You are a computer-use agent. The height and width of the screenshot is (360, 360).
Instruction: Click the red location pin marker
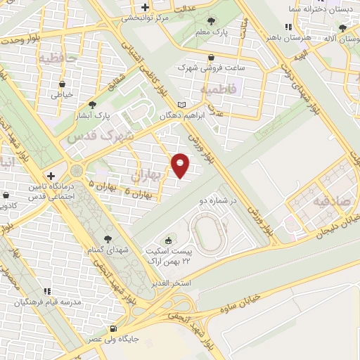[181, 164]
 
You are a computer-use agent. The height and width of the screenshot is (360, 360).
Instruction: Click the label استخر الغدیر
[172, 283]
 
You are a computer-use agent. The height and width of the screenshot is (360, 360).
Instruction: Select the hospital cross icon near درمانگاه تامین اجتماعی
[51, 175]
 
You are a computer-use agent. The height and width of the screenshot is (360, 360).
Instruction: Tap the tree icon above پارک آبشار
[92, 105]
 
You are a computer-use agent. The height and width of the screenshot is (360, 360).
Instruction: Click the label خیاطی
[63, 93]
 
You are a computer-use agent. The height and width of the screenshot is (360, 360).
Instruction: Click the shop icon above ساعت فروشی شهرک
[212, 58]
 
